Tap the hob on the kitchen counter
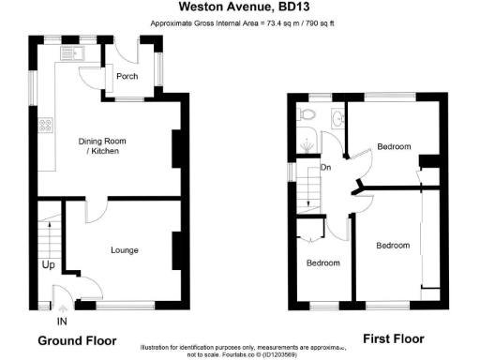pos(44,126)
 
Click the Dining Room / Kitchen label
pos(101,145)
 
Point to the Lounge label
pos(125,250)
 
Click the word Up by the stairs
pos(48,265)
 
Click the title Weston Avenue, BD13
pos(240,8)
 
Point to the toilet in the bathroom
pos(307,114)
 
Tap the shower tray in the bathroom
pos(305,144)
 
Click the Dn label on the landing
pos(325,168)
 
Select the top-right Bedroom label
pos(394,146)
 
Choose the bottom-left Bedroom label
pos(323,262)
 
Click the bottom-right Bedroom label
pos(393,246)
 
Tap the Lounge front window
pos(125,306)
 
